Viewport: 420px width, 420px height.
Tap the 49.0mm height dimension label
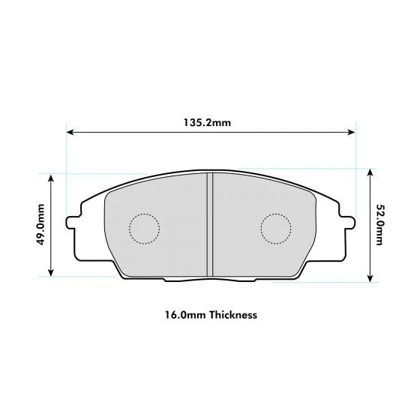click(x=43, y=224)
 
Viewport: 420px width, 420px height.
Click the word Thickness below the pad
click(x=233, y=315)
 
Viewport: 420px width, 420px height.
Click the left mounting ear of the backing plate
click(x=73, y=223)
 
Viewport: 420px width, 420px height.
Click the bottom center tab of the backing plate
click(x=210, y=280)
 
